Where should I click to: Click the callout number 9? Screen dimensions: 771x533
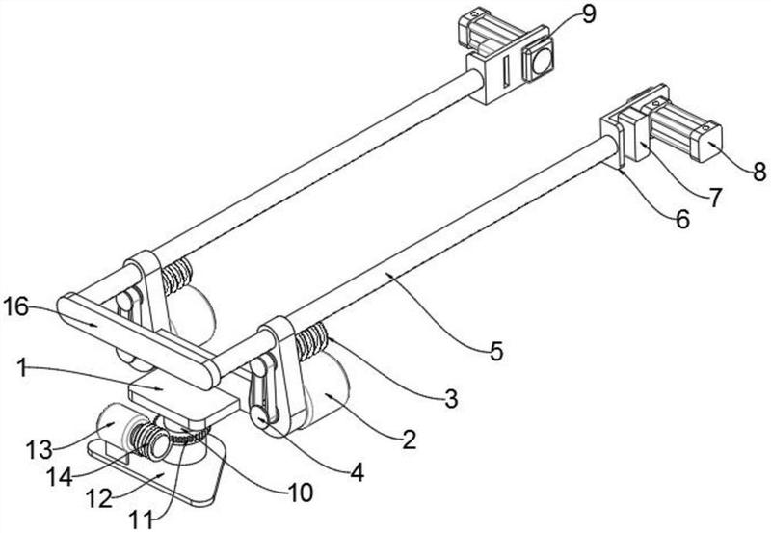click(588, 13)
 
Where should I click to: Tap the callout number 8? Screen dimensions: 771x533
click(759, 173)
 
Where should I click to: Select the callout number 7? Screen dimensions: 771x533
click(715, 198)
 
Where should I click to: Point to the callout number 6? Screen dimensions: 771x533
click(682, 219)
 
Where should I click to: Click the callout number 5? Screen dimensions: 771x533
click(496, 351)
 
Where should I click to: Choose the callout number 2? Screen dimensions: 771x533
click(409, 440)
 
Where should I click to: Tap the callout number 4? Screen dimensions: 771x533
click(357, 472)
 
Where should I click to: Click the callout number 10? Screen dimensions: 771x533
click(300, 493)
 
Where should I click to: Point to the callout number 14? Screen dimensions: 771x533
click(60, 476)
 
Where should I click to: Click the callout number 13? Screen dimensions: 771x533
click(39, 449)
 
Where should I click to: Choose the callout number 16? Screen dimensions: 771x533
click(15, 307)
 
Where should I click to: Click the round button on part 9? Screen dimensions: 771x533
click(540, 61)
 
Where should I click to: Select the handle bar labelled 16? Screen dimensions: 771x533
click(138, 342)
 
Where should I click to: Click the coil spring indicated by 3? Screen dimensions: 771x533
click(311, 340)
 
